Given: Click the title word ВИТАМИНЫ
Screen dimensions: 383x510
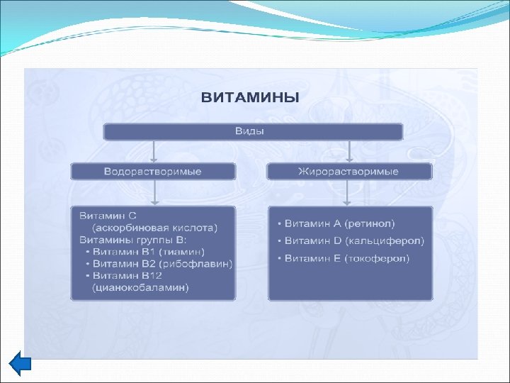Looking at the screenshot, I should [x=250, y=98].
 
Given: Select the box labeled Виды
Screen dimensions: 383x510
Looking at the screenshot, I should [x=254, y=131].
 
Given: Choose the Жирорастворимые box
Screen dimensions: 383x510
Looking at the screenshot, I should [x=348, y=172].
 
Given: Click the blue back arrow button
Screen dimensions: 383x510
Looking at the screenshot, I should [x=21, y=364].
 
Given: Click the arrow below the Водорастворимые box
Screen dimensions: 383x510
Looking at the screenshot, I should [x=154, y=192].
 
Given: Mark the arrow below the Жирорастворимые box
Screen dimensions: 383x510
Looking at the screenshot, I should [x=347, y=192].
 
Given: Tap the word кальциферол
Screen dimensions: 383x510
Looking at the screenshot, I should [x=389, y=241].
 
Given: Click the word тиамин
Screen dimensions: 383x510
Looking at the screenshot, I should [x=181, y=252].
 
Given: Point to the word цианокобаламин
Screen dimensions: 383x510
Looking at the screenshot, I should [x=140, y=288].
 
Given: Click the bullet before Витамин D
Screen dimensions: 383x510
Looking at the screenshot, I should [x=280, y=242].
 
